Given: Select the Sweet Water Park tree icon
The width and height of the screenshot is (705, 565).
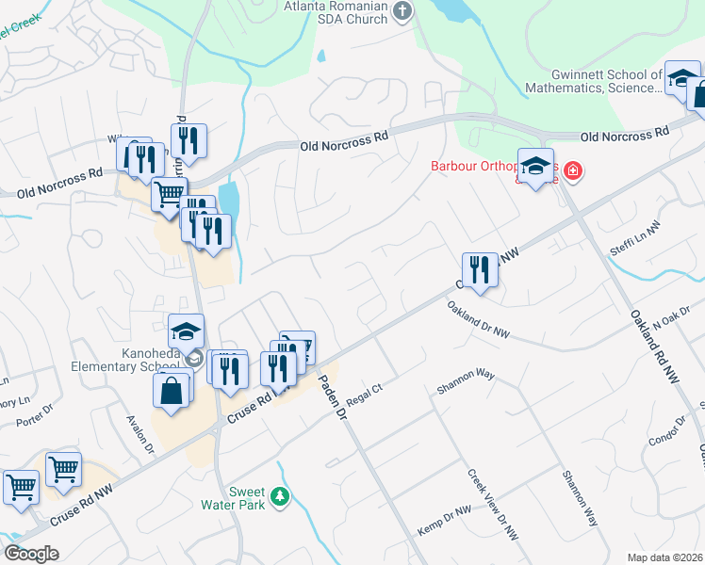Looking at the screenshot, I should (279, 495).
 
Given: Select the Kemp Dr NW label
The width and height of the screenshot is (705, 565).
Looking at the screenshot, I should (443, 522).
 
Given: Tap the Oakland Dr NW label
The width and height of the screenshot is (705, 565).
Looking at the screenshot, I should (478, 320).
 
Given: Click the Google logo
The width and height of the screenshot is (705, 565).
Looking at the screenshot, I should (31, 553).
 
